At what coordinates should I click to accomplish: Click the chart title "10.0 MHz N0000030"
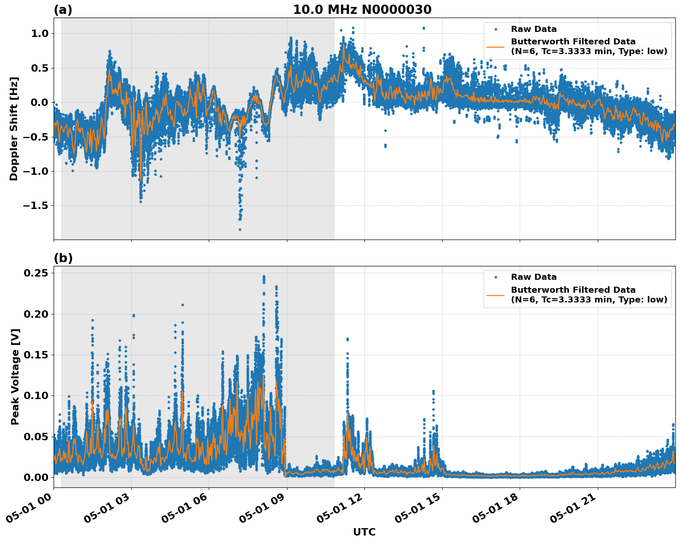(x=362, y=10)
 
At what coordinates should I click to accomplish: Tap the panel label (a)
(x=63, y=10)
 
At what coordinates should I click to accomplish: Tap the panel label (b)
(x=63, y=258)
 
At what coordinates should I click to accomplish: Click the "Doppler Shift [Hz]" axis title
(x=14, y=129)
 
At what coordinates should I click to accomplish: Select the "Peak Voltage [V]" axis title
(x=15, y=377)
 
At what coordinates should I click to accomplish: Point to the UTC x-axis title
(x=364, y=532)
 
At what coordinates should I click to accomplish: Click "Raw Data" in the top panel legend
(x=534, y=29)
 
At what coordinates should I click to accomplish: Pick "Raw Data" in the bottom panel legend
(x=534, y=277)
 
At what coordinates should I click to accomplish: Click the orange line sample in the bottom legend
(x=496, y=295)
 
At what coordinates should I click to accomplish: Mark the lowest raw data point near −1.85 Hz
(x=240, y=229)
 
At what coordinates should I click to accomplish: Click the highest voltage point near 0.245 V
(x=264, y=277)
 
